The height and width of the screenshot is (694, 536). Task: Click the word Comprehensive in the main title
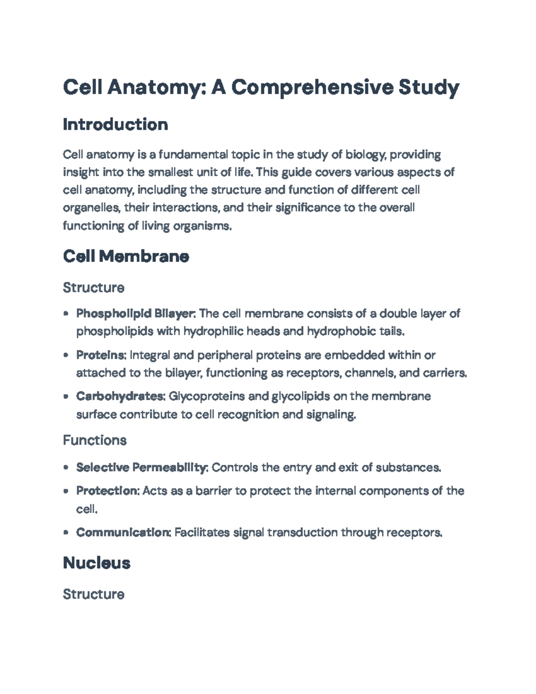click(312, 87)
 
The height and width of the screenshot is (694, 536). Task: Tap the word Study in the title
click(429, 87)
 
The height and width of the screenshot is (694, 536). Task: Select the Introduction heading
click(115, 124)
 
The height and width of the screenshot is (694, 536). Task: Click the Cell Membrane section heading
click(126, 257)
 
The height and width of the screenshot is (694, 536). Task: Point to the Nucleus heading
click(96, 563)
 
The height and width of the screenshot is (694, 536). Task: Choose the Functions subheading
click(95, 441)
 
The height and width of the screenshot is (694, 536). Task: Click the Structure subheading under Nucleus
click(93, 594)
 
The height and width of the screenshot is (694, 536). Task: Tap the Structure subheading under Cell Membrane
click(93, 287)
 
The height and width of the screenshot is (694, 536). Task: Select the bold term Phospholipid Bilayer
click(135, 314)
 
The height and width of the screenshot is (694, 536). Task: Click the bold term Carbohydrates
click(121, 396)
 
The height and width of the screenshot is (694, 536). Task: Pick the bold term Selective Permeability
click(142, 467)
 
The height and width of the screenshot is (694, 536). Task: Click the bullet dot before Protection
click(66, 491)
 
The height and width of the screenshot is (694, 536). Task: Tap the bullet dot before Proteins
click(66, 356)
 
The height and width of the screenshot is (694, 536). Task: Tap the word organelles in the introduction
click(91, 208)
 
